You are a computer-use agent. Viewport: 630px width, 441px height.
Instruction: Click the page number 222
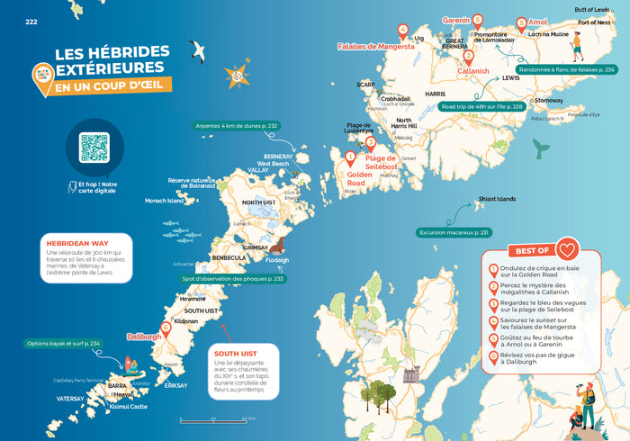(31, 22)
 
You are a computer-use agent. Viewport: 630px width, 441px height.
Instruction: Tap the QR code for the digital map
(94, 148)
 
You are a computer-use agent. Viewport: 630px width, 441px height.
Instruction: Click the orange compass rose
(238, 76)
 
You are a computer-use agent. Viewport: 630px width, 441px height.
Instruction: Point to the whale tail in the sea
(541, 148)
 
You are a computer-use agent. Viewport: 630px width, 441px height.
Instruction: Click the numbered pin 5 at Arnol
(521, 23)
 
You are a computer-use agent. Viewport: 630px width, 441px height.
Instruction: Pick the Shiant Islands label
(497, 199)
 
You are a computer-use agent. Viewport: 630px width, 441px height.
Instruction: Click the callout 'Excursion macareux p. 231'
(454, 232)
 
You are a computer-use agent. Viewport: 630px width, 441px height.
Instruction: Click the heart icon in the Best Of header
(566, 249)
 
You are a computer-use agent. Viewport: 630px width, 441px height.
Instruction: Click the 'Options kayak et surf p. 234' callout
(63, 343)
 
